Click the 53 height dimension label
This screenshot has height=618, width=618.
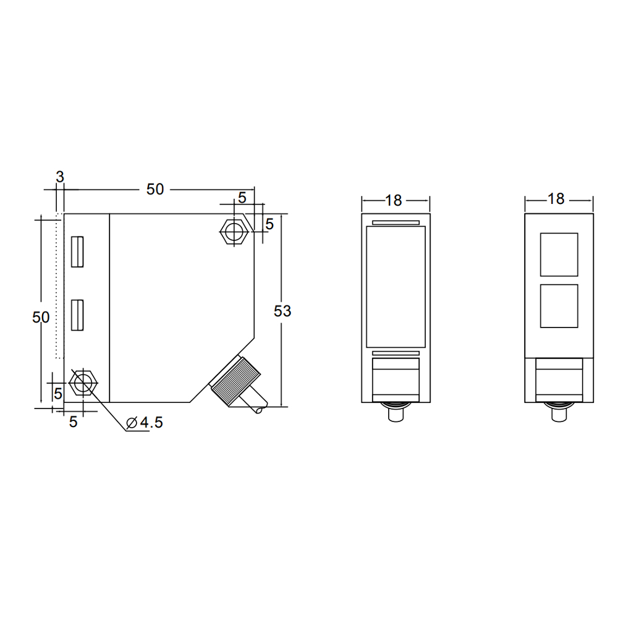tap(282, 311)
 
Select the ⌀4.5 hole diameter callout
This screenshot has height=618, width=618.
tap(144, 423)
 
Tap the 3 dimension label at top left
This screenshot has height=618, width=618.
tap(60, 177)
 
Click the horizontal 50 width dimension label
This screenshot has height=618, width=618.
tap(155, 189)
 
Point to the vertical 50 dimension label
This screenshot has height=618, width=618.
tap(41, 317)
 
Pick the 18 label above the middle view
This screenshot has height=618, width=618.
tap(393, 200)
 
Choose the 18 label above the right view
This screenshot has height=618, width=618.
tap(556, 198)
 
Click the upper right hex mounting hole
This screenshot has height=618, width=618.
tap(234, 231)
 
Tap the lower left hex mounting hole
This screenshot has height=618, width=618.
tap(83, 383)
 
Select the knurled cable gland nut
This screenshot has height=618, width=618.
tap(235, 380)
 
